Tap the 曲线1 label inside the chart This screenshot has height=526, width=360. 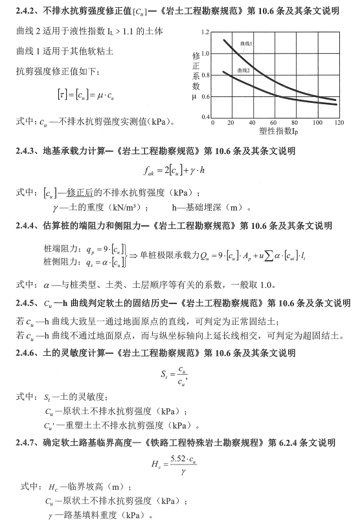pyautogui.click(x=245, y=43)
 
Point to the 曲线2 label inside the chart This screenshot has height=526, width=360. pyautogui.click(x=244, y=69)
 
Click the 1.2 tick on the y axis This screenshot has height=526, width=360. pyautogui.click(x=205, y=32)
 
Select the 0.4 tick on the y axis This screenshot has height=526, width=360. pyautogui.click(x=205, y=117)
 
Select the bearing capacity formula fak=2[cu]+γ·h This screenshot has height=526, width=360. pyautogui.click(x=175, y=171)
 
